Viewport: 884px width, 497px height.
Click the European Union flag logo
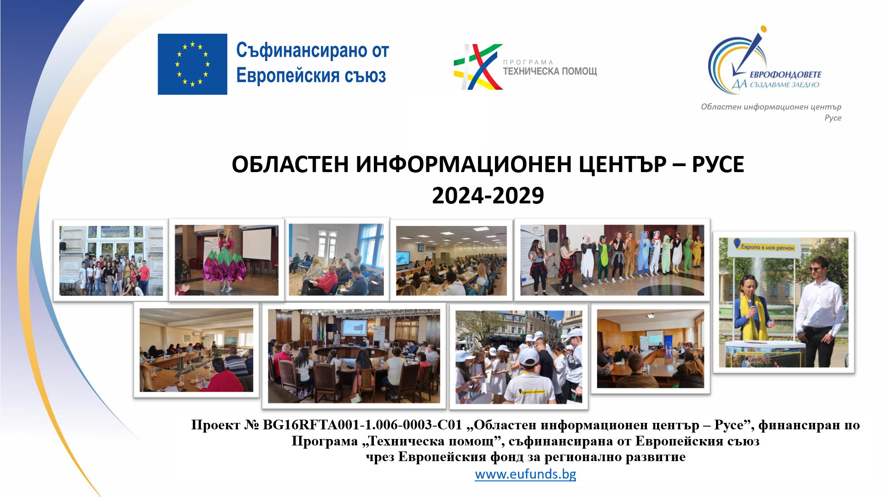click(192, 64)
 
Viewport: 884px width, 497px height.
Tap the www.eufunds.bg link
click(525, 474)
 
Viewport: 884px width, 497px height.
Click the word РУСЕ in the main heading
click(718, 164)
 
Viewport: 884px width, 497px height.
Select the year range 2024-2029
click(488, 196)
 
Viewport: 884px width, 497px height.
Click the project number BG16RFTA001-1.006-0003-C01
click(362, 425)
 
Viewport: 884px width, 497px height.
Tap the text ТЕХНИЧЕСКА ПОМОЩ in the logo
click(550, 71)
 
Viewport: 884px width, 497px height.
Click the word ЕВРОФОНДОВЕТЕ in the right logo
click(785, 75)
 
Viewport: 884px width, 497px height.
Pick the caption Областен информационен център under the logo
click(771, 107)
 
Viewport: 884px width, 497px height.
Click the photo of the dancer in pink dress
click(227, 260)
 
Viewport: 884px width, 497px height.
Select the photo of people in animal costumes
click(612, 260)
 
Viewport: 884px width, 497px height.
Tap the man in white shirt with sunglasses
click(820, 313)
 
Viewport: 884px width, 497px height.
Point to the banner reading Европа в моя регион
click(766, 247)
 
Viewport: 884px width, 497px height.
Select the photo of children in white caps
click(519, 357)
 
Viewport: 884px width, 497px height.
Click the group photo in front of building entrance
click(111, 260)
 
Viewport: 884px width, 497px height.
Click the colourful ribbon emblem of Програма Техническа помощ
click(477, 67)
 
